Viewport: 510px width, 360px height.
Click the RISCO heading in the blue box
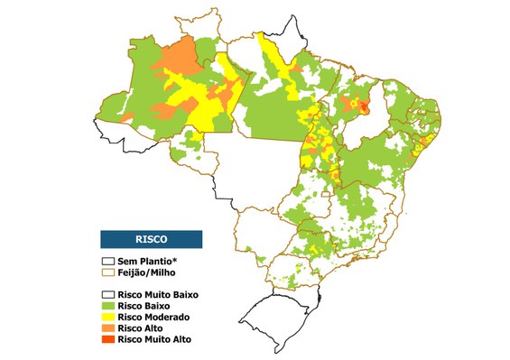point(150,239)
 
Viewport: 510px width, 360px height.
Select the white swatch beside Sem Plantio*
point(108,261)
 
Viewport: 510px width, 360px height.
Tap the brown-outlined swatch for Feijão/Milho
point(108,272)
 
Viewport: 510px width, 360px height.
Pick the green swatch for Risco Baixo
point(108,306)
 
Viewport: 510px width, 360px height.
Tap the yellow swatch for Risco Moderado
point(108,318)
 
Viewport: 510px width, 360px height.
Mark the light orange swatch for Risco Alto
point(108,328)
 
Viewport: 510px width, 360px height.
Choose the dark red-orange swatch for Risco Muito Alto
point(108,340)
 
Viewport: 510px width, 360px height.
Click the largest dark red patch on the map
point(364,107)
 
